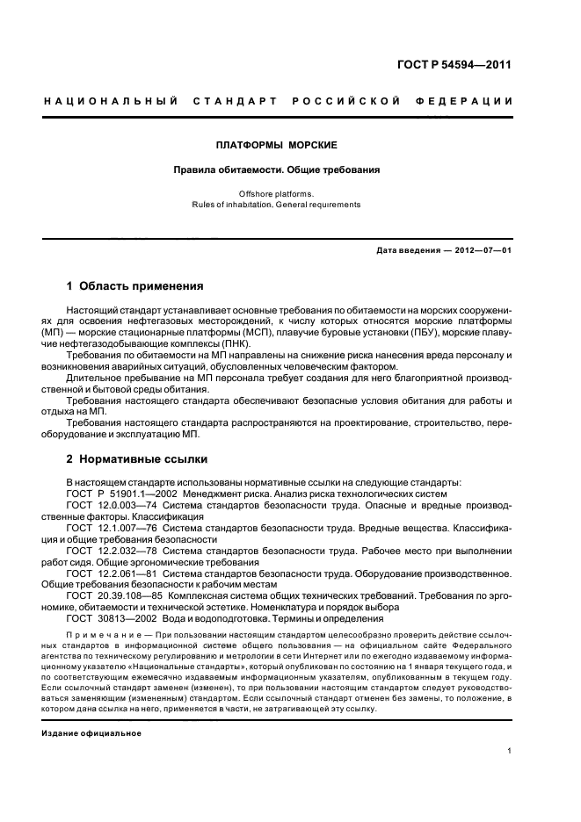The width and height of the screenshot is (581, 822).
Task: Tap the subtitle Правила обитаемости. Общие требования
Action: click(x=277, y=170)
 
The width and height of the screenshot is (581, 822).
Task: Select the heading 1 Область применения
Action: click(x=135, y=286)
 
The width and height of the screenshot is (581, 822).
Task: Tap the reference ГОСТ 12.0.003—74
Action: click(x=111, y=507)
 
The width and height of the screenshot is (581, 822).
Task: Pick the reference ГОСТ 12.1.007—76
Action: click(x=111, y=528)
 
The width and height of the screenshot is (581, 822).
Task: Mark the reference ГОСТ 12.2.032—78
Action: click(x=111, y=550)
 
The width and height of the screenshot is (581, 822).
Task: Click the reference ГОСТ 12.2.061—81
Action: click(x=111, y=573)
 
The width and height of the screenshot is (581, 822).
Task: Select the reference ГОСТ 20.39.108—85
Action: click(x=113, y=595)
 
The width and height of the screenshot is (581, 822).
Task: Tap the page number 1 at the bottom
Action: click(x=510, y=752)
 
